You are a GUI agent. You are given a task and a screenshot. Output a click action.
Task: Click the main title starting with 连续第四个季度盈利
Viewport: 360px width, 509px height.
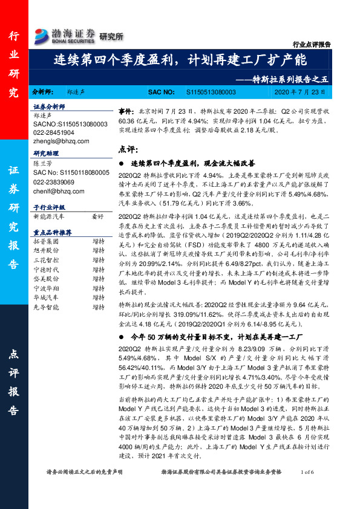tap(180, 60)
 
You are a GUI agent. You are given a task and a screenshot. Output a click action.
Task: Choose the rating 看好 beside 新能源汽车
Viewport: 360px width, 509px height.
tap(98, 216)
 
